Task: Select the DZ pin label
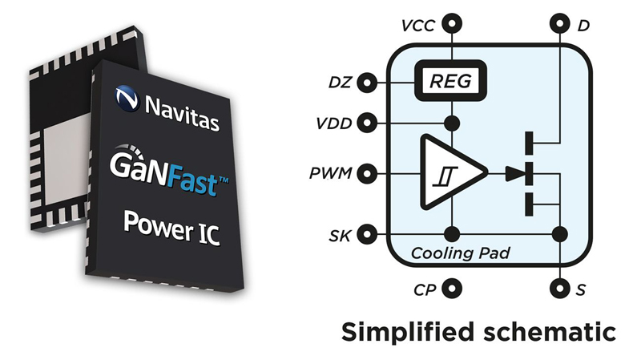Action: pos(342,82)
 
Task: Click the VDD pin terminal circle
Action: pos(367,123)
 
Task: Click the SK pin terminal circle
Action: pos(367,234)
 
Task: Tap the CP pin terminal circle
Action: pos(453,286)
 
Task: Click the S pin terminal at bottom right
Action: pos(558,286)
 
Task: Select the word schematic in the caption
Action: pos(553,330)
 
